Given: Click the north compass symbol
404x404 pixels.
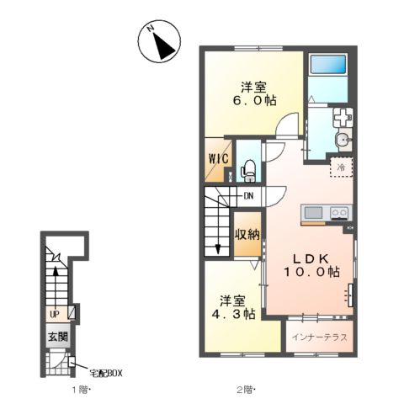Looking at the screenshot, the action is coord(159,41).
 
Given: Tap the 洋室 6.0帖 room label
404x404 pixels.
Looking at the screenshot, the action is coord(254,93).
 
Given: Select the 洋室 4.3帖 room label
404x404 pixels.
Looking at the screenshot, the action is coord(233,307).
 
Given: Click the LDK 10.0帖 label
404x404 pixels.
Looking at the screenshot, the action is coord(311,265).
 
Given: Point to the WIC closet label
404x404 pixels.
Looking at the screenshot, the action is coord(218,159).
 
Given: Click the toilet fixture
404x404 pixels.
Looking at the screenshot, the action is coord(248,171).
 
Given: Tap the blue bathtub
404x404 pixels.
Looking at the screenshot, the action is coord(327,64).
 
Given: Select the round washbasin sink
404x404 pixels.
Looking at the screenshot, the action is coord(343,139).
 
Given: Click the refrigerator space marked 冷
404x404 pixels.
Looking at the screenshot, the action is coord(341,167).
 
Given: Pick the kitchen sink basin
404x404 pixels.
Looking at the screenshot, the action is coord(313,213).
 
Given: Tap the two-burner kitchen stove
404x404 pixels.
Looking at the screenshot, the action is coord(339,213).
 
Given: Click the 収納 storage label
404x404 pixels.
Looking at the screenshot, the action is coord(247,233).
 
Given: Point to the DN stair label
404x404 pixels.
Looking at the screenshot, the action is coord(248,195).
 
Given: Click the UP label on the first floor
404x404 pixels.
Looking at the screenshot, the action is coord(55,315).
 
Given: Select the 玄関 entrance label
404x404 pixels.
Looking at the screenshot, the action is coord(58,337).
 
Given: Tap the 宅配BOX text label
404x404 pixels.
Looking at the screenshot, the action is coord(106,374).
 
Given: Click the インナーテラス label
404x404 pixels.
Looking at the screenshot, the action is coord(320,337).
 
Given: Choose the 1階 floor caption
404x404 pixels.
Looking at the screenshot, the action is coord(80,390).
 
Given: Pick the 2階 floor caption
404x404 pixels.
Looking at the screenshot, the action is coord(245,390).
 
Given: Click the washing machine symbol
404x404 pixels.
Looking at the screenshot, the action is coord(343,118).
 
